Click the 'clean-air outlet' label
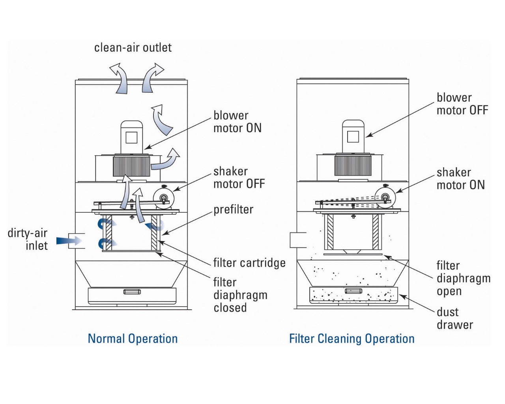pos(133,48)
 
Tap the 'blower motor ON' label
pos(237,122)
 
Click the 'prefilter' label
pos(233,209)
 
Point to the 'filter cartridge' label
pos(249,263)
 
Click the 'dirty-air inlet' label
pos(28,239)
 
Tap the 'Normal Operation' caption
pos(133,339)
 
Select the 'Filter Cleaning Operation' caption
pos(352,339)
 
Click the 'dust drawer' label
pos(454,318)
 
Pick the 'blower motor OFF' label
pos(462,104)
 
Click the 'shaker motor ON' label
pos(460,178)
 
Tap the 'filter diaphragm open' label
pos(463,278)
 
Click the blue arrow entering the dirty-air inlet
pos(69,240)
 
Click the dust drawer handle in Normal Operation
pos(132,292)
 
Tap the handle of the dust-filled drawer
pos(353,291)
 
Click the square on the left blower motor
pos(131,138)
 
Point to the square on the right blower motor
pos(353,137)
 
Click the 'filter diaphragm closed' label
pos(240,295)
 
